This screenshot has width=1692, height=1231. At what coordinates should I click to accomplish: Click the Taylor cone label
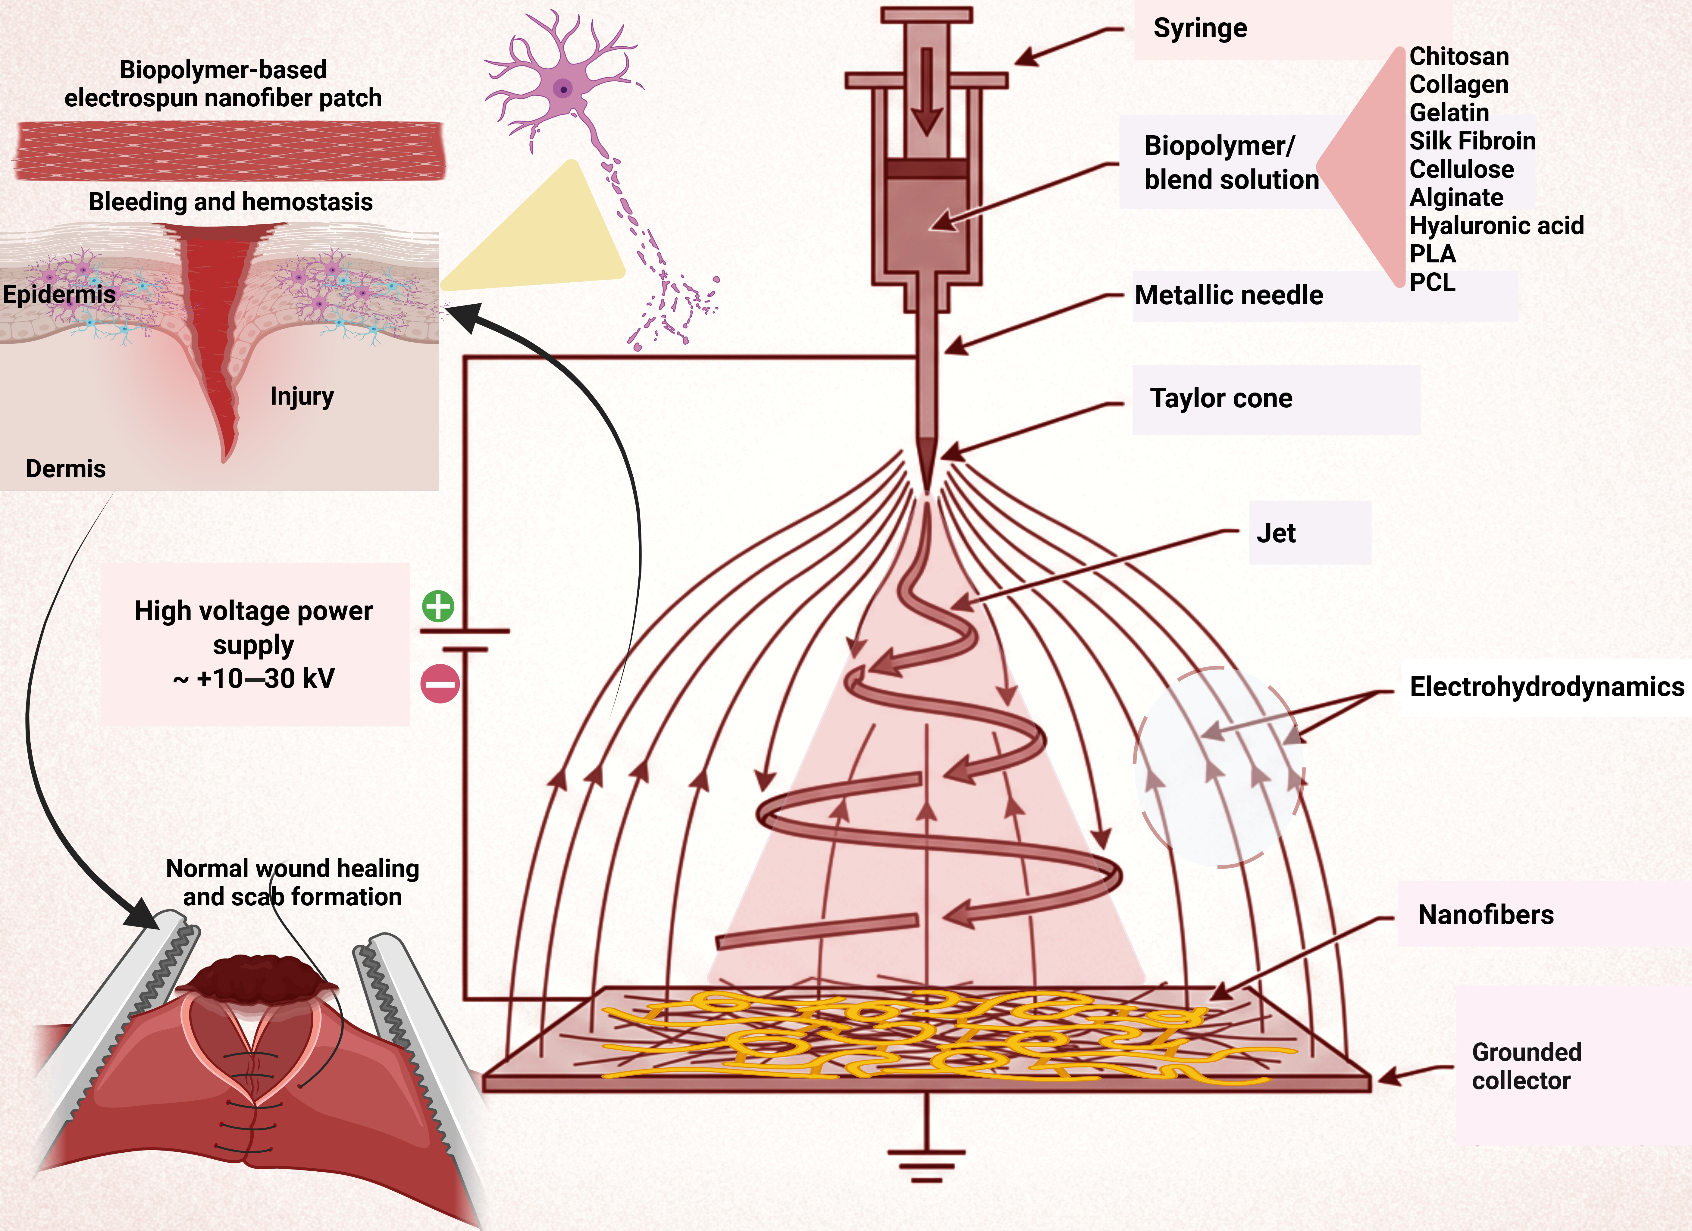1220,398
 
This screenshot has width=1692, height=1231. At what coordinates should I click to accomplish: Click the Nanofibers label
1485,915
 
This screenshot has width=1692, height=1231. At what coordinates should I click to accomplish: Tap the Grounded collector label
1526,1066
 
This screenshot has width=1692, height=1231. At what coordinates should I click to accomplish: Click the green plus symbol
438,606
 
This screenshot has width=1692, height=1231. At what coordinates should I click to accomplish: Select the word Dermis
66,468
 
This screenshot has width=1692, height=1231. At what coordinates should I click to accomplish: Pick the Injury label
301,396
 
